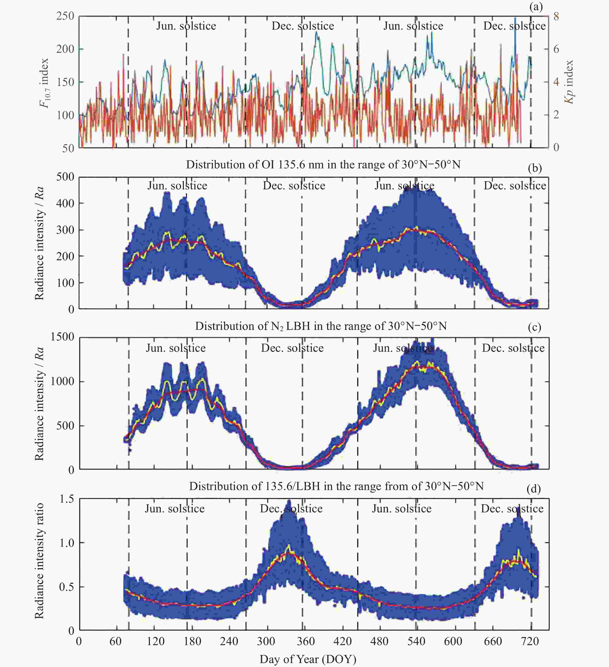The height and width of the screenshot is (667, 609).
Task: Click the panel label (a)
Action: (536, 7)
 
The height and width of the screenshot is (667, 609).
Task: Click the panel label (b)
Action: (535, 168)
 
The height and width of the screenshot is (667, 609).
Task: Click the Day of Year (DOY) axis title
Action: (308, 659)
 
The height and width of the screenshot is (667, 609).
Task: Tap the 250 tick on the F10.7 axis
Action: (65, 16)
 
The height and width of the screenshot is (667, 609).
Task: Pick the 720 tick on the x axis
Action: (530, 641)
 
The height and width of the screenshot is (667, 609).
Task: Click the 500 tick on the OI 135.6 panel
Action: (65, 177)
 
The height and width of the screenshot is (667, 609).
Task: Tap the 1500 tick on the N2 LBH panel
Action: (63, 337)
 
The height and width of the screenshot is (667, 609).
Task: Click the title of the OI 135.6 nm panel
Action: (323, 164)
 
